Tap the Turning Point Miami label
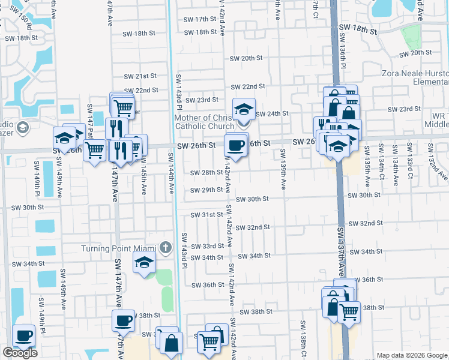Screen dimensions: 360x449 [119, 248]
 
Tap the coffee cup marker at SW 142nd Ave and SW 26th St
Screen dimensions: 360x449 [236, 145]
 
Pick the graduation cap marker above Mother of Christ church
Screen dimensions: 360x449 [244, 109]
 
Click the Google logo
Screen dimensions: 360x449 [20, 353]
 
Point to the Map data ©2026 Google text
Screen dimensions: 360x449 [412, 355]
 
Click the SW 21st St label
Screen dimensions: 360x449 [140, 76]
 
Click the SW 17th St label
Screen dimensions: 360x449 [200, 19]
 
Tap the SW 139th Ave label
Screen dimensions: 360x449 [282, 173]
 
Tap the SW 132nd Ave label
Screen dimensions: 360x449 [438, 167]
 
